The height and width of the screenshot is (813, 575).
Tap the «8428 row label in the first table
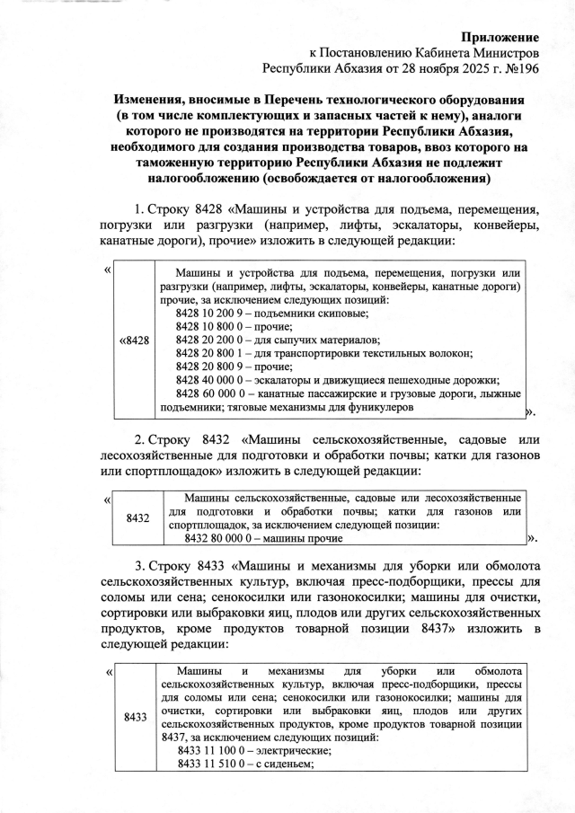point(135,340)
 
